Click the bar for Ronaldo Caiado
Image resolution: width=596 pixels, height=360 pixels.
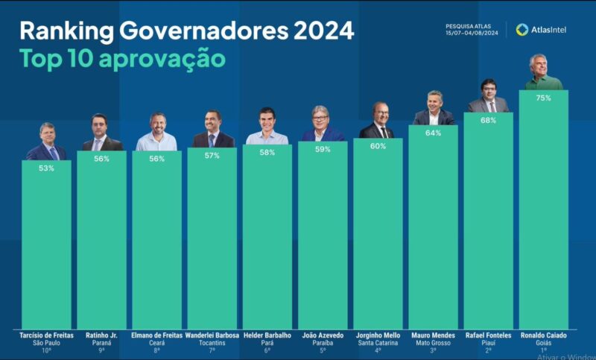coord(543,209)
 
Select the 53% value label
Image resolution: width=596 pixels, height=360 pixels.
coord(46,168)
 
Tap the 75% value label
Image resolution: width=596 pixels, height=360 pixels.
coord(543,98)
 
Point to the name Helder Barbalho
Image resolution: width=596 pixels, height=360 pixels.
coord(267,335)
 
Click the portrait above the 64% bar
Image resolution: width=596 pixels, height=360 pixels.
coord(434,109)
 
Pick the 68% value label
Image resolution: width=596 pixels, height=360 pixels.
coord(488,120)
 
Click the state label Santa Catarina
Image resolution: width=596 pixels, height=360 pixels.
coord(378,343)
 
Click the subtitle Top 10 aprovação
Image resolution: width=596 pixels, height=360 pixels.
coord(122,59)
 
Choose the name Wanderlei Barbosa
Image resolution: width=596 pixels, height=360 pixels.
coord(212,335)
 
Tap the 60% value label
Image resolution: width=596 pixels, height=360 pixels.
coord(378,146)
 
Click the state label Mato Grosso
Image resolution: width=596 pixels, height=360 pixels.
coord(434,343)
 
